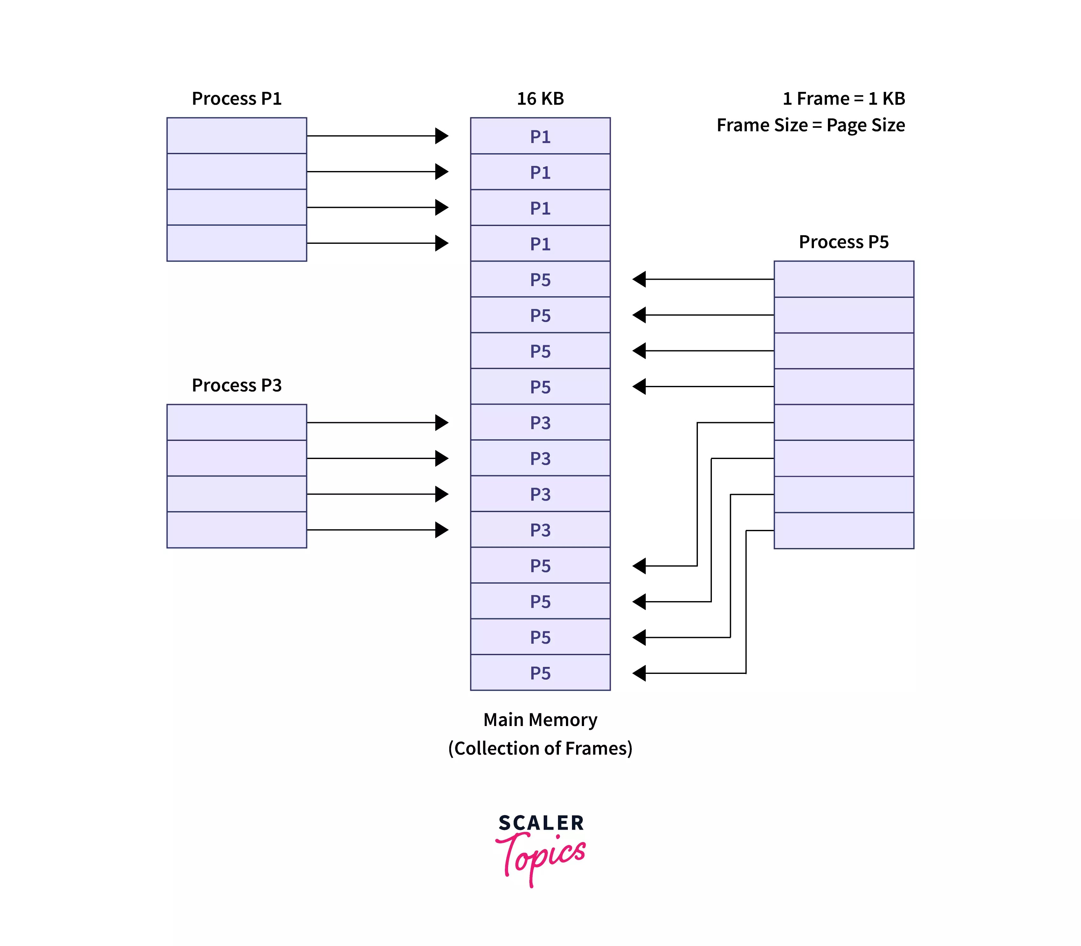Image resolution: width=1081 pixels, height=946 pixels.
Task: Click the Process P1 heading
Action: pos(237,99)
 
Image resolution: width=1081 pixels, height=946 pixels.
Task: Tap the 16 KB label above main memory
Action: pos(540,99)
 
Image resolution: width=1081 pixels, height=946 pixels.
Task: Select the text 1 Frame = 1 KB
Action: pos(843,99)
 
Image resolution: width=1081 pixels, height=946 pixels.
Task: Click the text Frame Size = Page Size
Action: pos(811,126)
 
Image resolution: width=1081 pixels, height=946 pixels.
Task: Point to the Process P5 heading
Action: pos(843,242)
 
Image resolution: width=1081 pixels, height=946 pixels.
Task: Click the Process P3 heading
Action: pos(237,385)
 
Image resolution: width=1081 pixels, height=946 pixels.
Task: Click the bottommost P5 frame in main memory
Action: pos(540,673)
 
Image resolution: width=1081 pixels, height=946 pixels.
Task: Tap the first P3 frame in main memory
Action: pos(540,422)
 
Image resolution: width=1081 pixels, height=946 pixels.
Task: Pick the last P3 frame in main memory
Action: pos(540,530)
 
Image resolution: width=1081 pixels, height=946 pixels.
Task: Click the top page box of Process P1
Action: pos(237,136)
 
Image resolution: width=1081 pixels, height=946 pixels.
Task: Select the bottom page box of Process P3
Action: pos(237,530)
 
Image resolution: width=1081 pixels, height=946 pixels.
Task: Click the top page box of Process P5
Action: pos(843,279)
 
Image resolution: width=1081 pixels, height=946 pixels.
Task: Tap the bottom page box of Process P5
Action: pos(843,531)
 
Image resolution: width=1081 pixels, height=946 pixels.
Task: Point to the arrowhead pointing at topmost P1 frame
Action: pos(442,136)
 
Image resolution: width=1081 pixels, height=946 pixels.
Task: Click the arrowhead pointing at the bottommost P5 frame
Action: pos(639,673)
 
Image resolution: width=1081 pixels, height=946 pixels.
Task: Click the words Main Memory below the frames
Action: pos(540,720)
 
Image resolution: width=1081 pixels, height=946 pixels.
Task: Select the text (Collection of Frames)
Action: pos(540,748)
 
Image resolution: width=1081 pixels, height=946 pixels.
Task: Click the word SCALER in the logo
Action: pos(541,822)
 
